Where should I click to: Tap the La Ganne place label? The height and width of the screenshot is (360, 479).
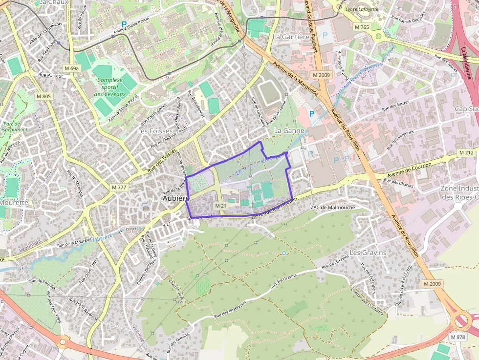pos(289,130)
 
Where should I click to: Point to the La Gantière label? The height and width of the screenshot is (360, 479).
pos(291,37)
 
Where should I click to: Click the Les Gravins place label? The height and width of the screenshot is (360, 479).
pos(368,253)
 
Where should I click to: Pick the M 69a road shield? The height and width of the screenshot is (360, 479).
pos(71,68)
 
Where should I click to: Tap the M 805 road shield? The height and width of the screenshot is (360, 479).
pos(43,96)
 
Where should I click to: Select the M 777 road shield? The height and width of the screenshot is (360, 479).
pos(119,187)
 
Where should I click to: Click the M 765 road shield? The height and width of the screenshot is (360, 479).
pos(362,27)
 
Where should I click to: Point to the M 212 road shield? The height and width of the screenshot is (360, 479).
pos(466,153)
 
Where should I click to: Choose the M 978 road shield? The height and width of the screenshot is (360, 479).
pos(458,338)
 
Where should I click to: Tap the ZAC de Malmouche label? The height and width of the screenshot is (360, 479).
pos(332,208)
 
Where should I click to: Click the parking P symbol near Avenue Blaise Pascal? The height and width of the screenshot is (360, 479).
pos(124,24)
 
